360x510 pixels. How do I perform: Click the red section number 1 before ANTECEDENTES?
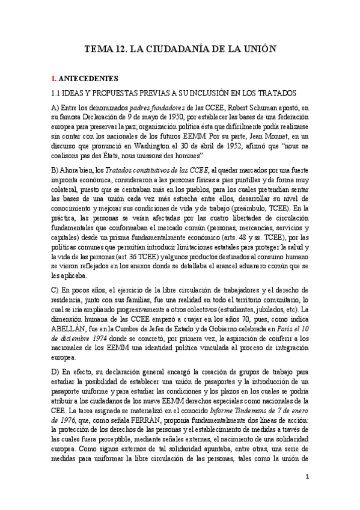click(x=53, y=78)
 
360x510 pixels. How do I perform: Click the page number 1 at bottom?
click(x=307, y=477)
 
